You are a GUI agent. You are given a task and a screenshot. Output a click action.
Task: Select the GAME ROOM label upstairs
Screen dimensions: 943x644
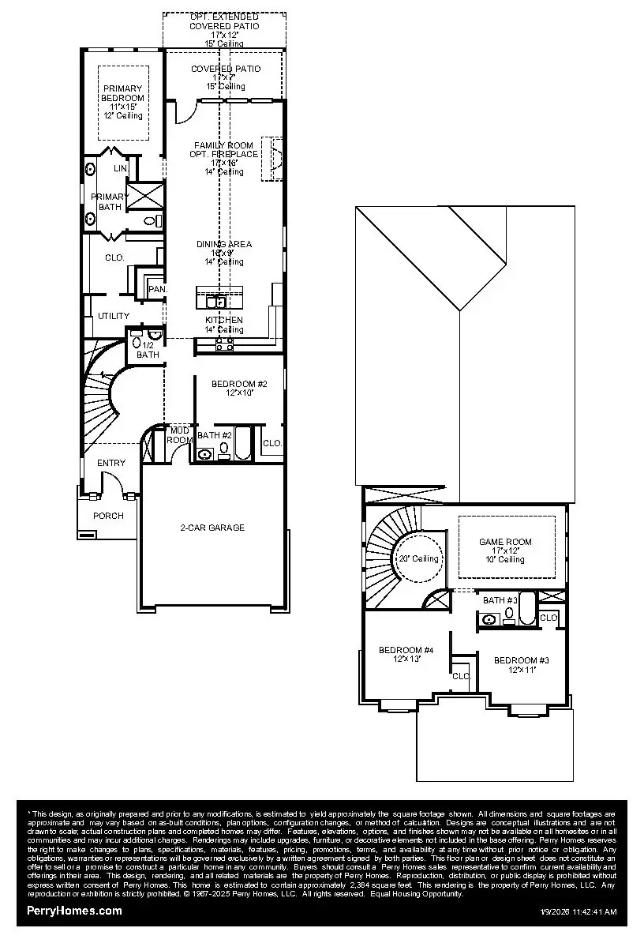505,543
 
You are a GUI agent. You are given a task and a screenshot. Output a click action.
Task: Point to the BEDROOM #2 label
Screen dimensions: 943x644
239,385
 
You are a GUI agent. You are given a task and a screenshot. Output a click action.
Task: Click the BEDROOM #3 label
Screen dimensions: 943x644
521,660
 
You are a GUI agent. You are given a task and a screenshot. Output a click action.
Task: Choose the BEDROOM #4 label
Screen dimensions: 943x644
406,651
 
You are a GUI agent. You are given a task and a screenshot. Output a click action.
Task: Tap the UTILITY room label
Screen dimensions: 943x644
114,316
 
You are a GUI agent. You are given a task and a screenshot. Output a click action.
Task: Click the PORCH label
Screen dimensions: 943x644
108,516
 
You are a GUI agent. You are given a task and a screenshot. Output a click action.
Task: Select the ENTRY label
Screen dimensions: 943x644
110,463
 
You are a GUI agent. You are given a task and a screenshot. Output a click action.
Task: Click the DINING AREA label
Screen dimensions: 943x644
224,245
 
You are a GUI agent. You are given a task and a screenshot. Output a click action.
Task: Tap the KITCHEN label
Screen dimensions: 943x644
224,320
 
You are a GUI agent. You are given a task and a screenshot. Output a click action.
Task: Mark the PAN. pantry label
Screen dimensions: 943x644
157,290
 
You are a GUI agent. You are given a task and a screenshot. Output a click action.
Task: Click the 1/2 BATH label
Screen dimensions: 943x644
148,350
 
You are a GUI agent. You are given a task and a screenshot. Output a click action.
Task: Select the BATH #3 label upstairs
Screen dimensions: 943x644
499,601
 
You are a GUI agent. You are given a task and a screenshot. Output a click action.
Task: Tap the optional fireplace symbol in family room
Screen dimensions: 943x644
274,158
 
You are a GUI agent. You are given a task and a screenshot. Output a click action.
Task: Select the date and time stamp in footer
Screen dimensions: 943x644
578,912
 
